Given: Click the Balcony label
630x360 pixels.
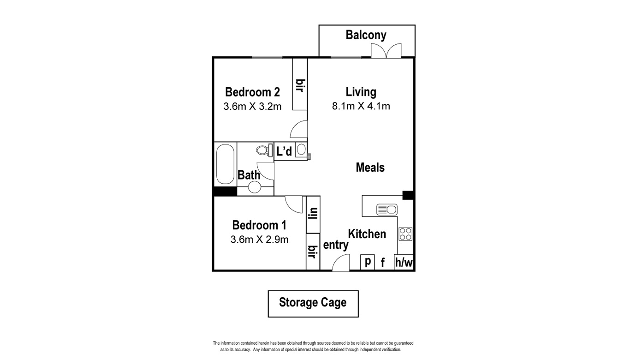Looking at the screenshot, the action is [x=366, y=35].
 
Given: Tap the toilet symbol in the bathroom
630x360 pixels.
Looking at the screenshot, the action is [x=264, y=150].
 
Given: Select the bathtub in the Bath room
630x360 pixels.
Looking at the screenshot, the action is [x=225, y=164].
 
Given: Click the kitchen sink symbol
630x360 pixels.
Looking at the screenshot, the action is [x=387, y=210].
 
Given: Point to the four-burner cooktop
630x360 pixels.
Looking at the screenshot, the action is [x=405, y=234].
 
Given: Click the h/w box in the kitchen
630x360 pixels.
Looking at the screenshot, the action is [x=404, y=262].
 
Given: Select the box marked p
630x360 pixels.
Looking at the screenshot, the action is [x=368, y=262].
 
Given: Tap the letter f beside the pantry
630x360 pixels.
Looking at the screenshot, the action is [x=382, y=263].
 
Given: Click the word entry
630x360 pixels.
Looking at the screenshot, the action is [x=336, y=245].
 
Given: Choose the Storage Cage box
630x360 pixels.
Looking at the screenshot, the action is [x=313, y=304].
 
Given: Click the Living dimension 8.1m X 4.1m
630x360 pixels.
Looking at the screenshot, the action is [x=361, y=106].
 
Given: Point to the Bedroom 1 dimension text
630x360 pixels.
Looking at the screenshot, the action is [x=259, y=240].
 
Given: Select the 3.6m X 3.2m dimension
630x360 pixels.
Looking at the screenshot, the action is [x=252, y=107].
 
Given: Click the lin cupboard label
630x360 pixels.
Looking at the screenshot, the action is [x=313, y=213].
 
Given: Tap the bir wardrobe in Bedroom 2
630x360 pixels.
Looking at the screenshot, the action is [x=300, y=84].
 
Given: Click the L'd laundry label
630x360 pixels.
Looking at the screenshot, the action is [x=284, y=151].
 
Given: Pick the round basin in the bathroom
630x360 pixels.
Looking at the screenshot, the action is [x=255, y=187].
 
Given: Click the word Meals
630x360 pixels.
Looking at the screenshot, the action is [x=370, y=168].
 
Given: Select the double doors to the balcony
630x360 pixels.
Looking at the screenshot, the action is [x=386, y=51].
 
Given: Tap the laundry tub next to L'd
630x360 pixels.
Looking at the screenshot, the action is [x=301, y=149].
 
